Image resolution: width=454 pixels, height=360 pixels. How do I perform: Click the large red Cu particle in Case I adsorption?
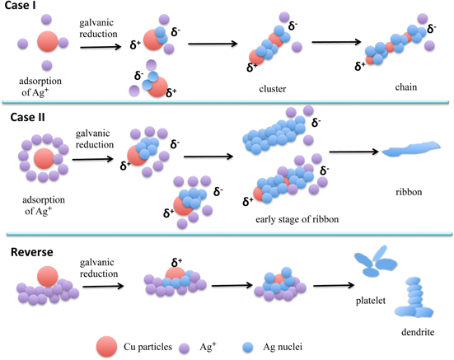(x=48, y=43)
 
